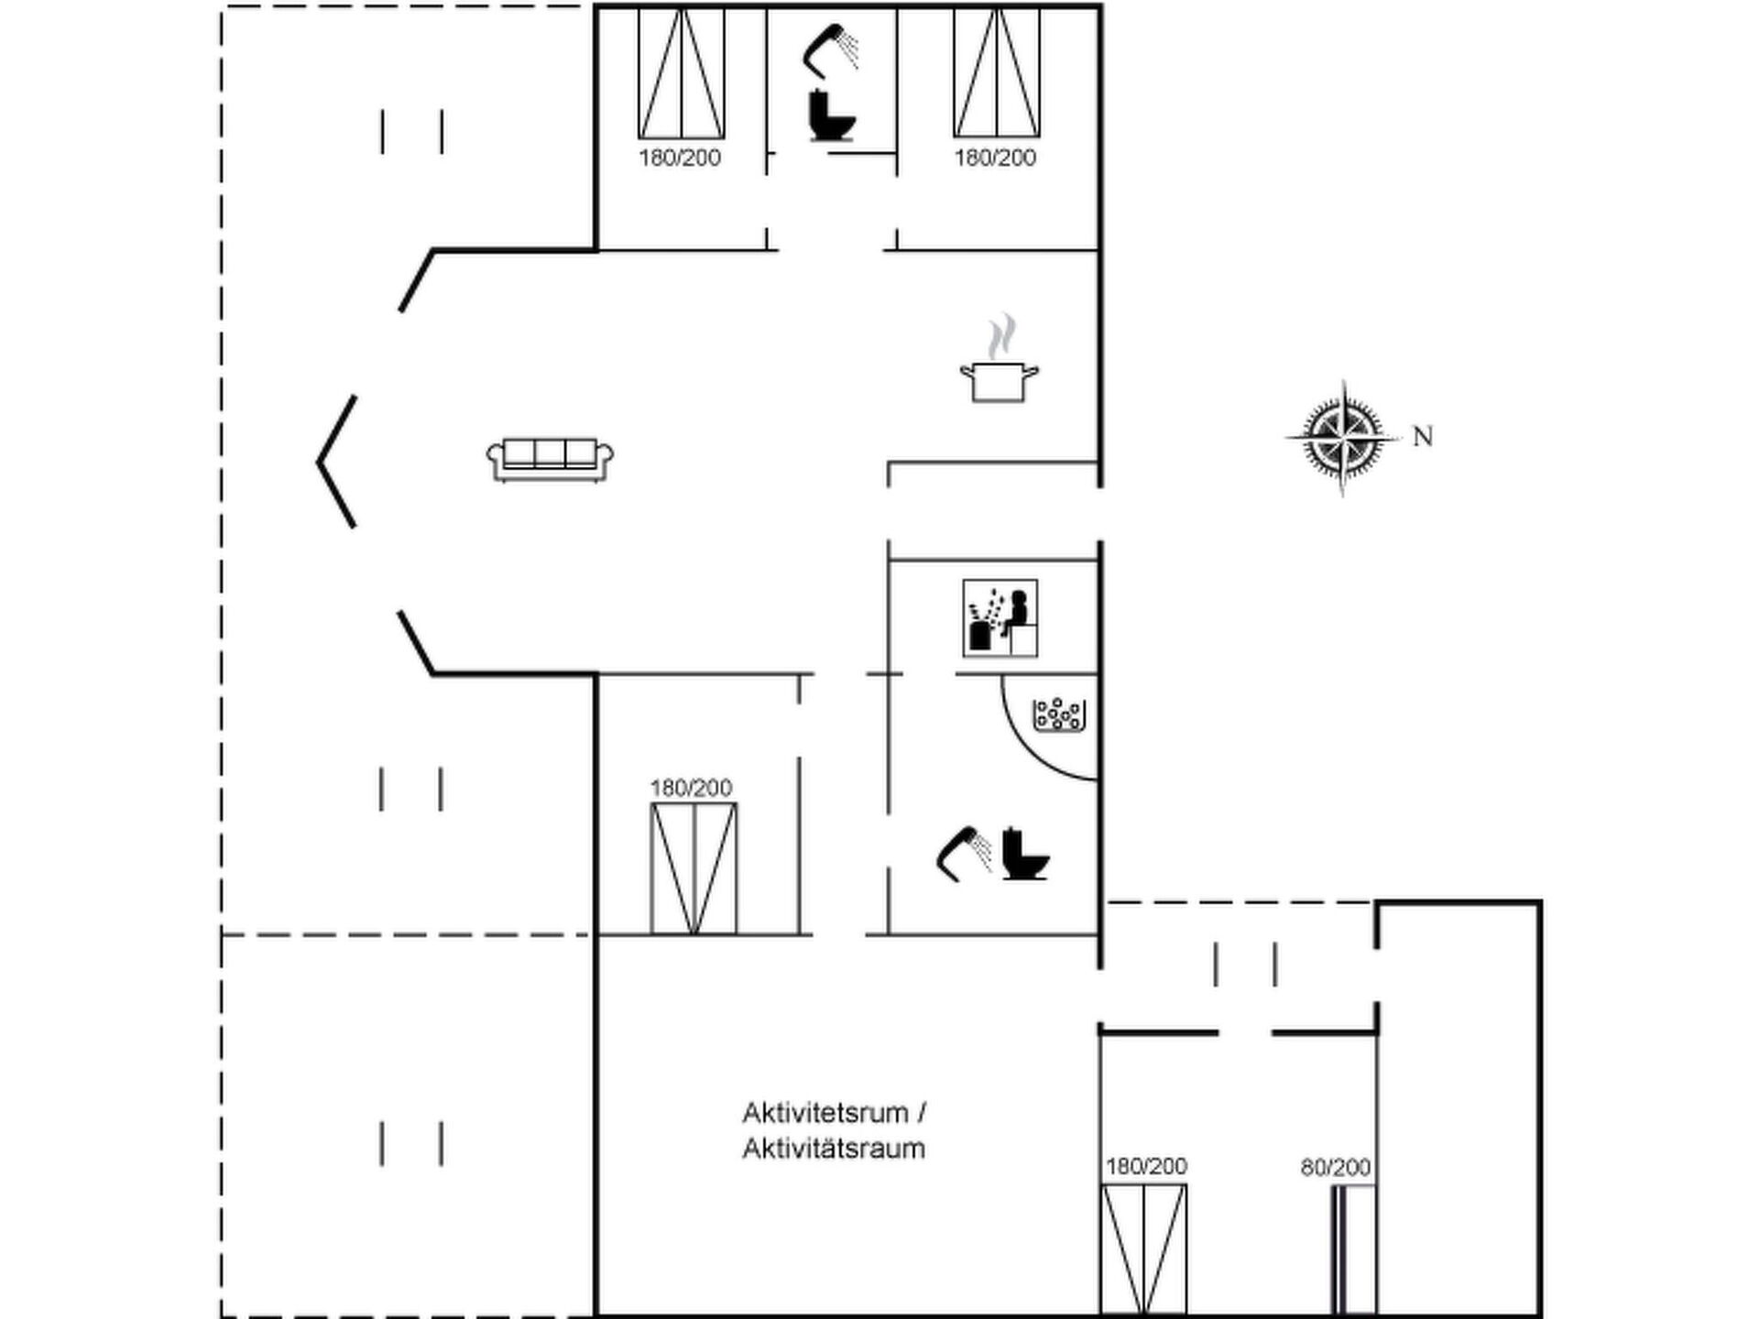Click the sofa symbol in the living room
tap(550, 460)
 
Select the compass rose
tap(1343, 438)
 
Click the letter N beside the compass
tap(1423, 437)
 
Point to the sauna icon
tap(1000, 618)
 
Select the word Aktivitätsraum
tap(834, 1149)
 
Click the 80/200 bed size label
tap(1336, 1167)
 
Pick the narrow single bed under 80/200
tap(1354, 1249)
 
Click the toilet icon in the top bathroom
tap(832, 115)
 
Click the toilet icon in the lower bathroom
tap(1025, 854)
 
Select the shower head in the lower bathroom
tap(964, 855)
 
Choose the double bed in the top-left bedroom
tap(682, 73)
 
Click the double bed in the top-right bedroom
tap(997, 73)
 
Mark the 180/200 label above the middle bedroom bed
tap(691, 788)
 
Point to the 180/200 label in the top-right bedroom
tap(995, 158)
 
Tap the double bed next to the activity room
tap(1144, 1249)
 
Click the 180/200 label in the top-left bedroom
tap(680, 158)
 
